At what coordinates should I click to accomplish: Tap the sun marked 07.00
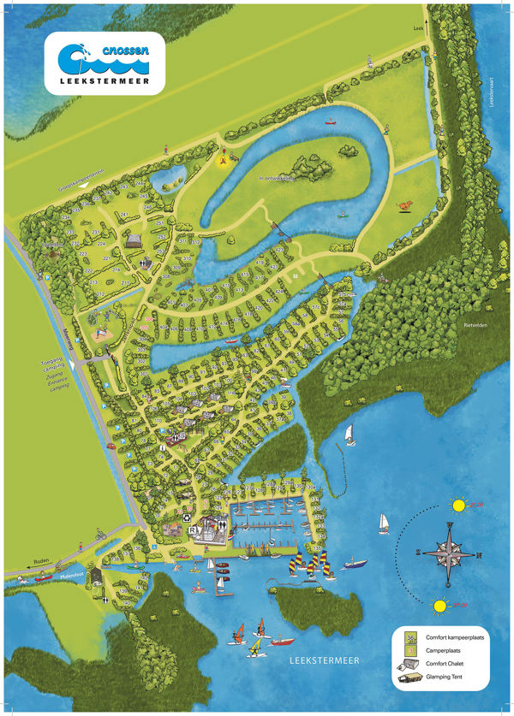(x=440, y=607)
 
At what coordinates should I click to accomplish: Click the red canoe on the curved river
(x=328, y=121)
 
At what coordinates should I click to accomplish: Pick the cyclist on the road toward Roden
(x=100, y=536)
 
